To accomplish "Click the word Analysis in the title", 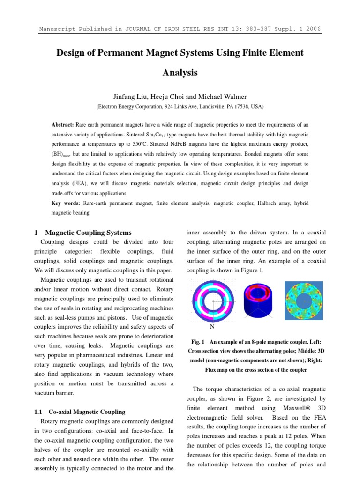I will (180, 73).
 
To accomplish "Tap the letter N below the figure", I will (212, 327).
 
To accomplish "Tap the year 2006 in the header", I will (312, 29).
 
